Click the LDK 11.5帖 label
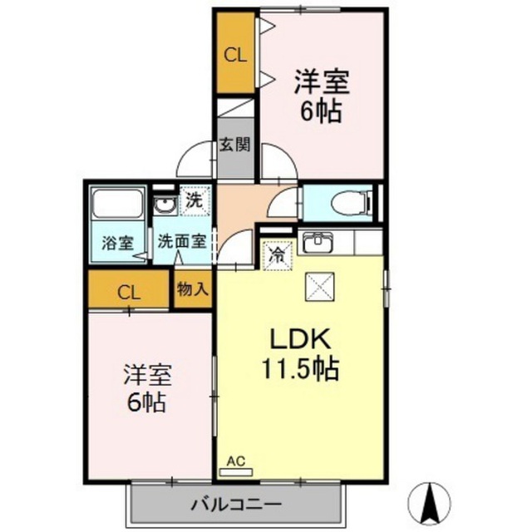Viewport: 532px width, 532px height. (x=298, y=352)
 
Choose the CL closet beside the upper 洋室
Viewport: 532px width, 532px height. (x=235, y=56)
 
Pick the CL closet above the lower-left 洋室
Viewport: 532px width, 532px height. (x=129, y=291)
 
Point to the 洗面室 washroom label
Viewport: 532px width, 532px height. (x=182, y=244)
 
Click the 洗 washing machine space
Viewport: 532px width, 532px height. (x=193, y=200)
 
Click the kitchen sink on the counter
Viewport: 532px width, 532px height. (x=318, y=243)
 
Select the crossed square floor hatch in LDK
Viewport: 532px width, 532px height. (x=319, y=288)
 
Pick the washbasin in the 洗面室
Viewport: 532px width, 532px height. (x=164, y=204)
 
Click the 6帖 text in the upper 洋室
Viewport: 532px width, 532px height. (x=321, y=111)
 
